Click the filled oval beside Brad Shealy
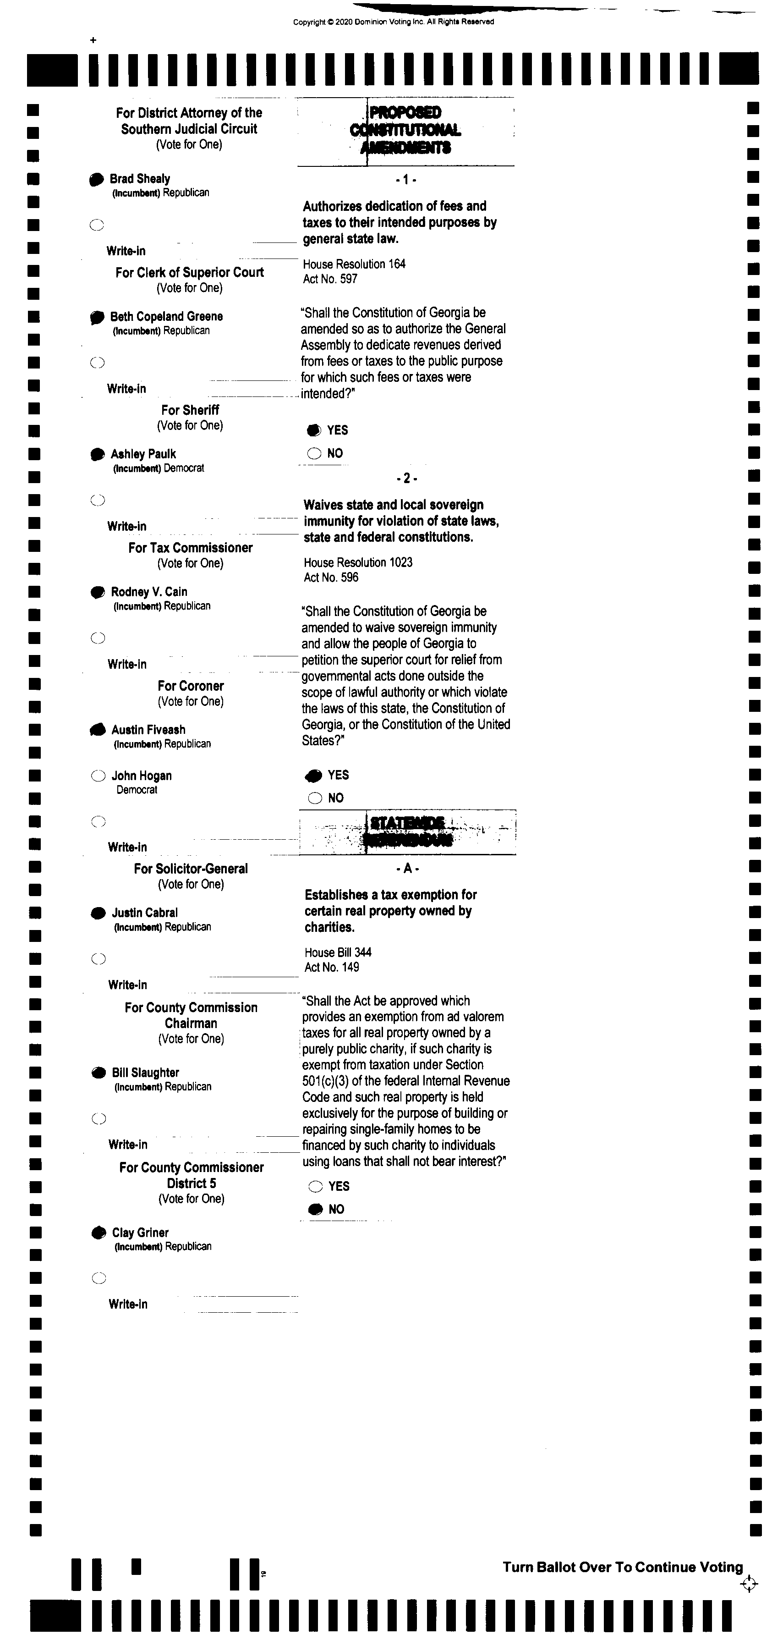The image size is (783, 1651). (96, 180)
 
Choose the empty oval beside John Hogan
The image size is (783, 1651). (98, 776)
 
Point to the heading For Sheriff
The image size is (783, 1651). (190, 410)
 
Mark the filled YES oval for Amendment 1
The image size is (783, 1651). (314, 430)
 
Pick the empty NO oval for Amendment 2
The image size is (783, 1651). (315, 798)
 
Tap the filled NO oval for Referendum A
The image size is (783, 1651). (315, 1210)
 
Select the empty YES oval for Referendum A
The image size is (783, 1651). (315, 1186)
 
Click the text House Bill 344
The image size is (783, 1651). (338, 952)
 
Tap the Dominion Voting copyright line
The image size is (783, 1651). (394, 22)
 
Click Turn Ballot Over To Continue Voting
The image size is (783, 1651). (622, 1567)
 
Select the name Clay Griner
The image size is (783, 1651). (140, 1233)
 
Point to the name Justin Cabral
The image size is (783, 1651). (144, 913)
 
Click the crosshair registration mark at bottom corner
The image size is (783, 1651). (748, 1584)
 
